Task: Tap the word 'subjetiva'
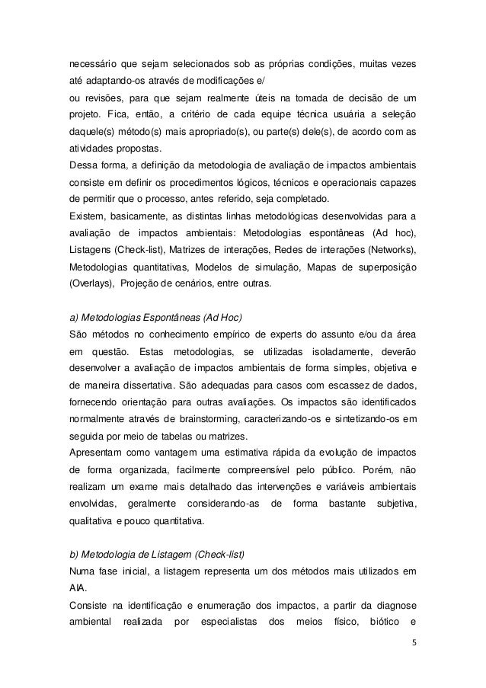coord(396,504)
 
